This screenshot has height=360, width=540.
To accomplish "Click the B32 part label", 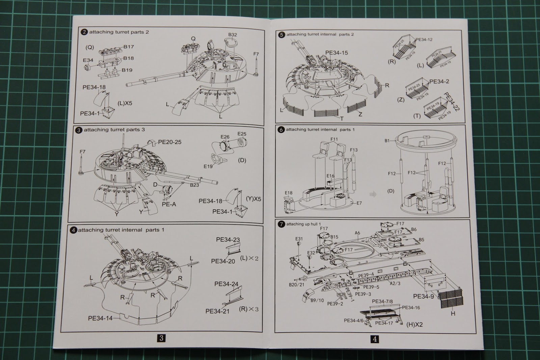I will click(233, 35).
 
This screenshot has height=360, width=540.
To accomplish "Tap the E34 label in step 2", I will click(88, 60).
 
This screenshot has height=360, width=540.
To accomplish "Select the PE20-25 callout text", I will click(170, 142).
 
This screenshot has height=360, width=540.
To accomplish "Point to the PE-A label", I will click(169, 204).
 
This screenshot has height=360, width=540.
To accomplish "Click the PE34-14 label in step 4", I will click(100, 318).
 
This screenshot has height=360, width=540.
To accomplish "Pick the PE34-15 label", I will click(336, 53).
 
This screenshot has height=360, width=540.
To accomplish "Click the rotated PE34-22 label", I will click(452, 102).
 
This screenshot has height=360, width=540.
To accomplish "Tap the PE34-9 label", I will click(424, 297).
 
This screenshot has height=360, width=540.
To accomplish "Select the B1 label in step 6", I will click(387, 141).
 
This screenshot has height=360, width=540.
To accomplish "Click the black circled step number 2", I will click(83, 32).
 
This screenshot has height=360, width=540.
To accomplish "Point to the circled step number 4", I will click(73, 230).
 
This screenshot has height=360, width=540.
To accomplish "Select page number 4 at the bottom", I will click(374, 339).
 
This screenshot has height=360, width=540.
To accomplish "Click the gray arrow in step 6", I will click(372, 194).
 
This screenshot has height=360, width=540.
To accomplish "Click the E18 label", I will click(289, 193).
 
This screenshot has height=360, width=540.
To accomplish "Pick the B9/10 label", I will click(317, 301).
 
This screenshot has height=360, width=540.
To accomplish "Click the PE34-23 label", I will click(228, 240).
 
